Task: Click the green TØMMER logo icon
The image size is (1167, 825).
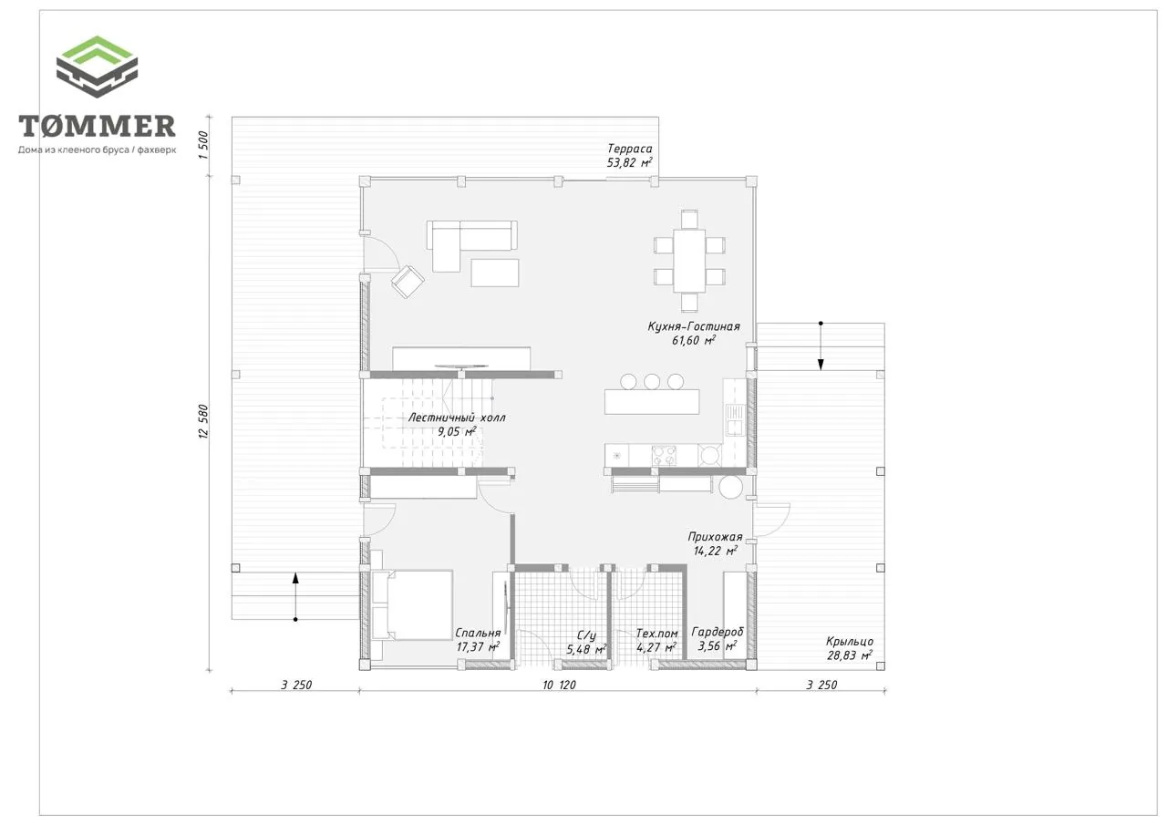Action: pos(97,67)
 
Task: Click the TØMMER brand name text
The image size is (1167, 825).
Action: pos(97,126)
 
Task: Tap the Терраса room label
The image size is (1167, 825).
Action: pos(629,149)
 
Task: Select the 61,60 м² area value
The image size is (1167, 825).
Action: pos(694,341)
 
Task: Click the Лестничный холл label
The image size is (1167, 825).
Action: pos(457,418)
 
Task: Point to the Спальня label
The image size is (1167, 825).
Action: pos(478,633)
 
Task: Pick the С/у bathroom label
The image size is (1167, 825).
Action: pos(586,635)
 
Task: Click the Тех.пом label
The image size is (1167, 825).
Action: pos(656,634)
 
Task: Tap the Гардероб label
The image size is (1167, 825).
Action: pos(718,632)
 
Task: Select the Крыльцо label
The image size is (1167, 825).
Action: pos(849,642)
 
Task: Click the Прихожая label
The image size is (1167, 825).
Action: pos(715,537)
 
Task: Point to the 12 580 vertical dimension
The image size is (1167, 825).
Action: pos(203,421)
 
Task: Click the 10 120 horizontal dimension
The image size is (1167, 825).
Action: pos(559,685)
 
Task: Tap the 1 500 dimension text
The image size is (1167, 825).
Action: pos(203,145)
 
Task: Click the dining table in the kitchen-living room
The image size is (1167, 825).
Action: pos(689,261)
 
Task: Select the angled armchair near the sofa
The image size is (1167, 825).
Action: pos(408,282)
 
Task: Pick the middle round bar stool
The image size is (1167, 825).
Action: pos(652,382)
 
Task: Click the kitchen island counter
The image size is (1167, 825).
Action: pos(652,402)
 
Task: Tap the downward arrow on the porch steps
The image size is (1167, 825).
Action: pos(821,346)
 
